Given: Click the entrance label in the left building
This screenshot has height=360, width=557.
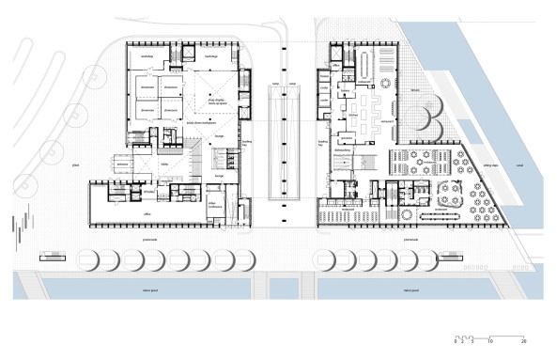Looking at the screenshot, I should (123, 163).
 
